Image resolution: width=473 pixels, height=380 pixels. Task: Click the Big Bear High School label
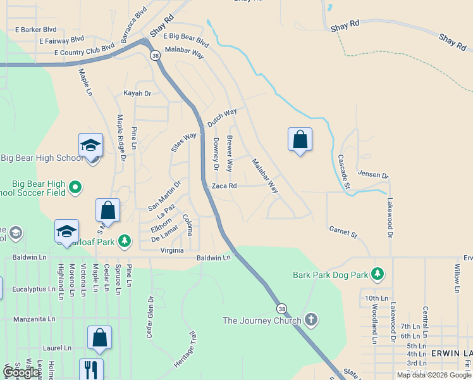[41, 158]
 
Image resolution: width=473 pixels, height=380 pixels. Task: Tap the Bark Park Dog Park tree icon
[378, 274]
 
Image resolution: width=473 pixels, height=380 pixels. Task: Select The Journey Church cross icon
[310, 320]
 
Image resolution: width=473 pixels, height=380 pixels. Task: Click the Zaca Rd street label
[224, 186]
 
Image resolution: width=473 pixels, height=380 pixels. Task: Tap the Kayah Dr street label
[137, 93]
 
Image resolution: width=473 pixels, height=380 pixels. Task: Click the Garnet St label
[343, 232]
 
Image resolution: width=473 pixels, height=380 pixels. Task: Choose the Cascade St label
[343, 172]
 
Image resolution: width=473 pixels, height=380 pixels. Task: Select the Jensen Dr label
[372, 174]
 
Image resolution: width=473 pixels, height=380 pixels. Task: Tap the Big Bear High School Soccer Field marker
[75, 187]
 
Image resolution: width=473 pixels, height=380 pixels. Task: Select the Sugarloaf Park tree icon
[125, 241]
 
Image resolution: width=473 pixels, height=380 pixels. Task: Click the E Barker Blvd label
[35, 29]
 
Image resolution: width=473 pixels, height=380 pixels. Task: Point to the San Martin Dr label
[164, 196]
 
